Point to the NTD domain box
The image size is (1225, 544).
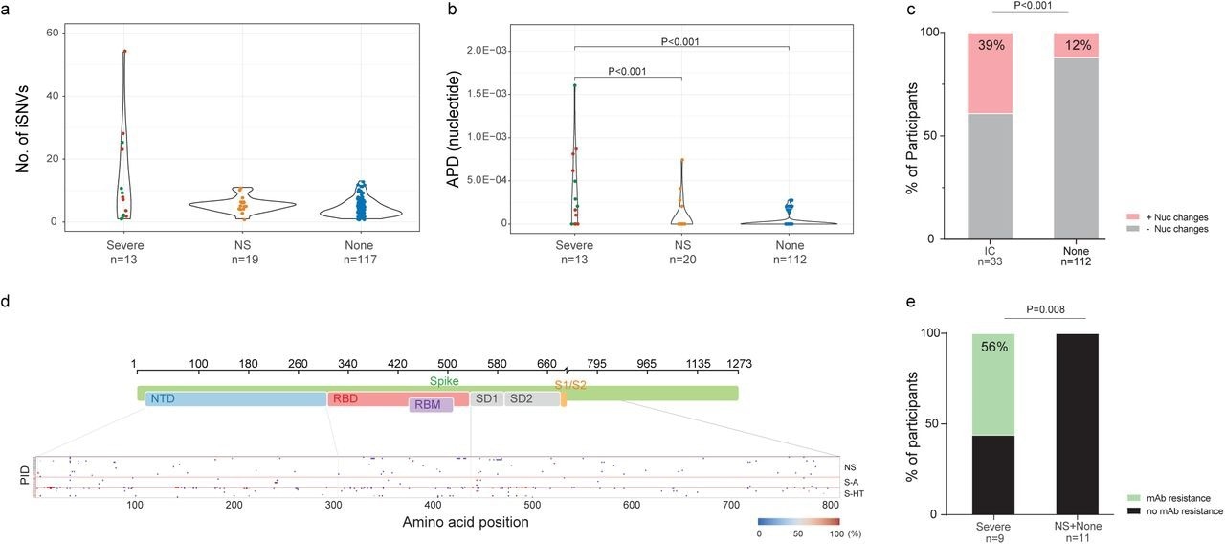point(235,398)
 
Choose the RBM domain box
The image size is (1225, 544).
point(430,405)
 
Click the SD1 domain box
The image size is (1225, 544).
point(486,398)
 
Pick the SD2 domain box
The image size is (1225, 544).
point(531,398)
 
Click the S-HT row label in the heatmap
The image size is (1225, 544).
point(850,492)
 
